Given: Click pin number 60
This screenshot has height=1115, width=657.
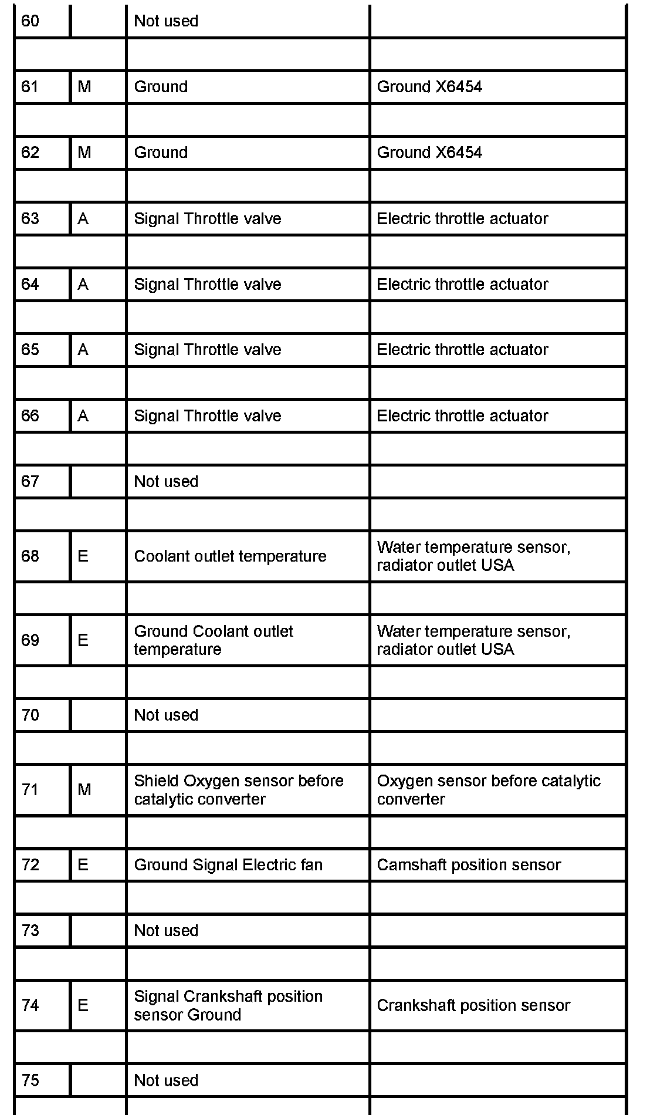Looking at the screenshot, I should [31, 21].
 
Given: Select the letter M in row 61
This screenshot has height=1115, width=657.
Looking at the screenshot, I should [84, 87].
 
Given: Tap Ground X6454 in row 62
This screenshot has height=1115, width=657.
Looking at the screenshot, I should [429, 153].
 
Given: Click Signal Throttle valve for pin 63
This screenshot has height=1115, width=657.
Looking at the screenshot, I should [208, 219].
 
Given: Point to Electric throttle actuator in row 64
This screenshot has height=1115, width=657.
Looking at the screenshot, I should [462, 285].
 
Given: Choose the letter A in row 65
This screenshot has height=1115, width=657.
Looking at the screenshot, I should [83, 350].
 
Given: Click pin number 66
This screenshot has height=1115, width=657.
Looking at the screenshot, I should [31, 416].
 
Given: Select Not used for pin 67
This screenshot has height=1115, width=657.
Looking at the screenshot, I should [166, 482].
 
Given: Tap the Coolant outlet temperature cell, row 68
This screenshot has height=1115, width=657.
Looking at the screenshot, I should [230, 556].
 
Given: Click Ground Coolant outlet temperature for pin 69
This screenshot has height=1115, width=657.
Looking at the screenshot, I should [214, 640].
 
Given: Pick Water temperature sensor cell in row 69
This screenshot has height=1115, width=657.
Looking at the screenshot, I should [473, 640].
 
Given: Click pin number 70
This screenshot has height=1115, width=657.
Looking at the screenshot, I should [31, 715].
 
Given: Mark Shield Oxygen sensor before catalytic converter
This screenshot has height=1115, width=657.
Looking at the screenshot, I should [239, 790].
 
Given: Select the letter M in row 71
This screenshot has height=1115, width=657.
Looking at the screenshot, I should [84, 790].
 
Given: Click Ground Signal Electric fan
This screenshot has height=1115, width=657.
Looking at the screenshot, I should [228, 865].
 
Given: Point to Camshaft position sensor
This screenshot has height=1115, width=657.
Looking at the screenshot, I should [469, 865].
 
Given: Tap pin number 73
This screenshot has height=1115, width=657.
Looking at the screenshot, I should [31, 931].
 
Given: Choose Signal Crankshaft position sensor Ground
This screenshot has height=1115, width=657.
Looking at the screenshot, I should [228, 1005].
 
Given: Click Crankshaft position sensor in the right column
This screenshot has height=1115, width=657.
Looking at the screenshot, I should [473, 1006].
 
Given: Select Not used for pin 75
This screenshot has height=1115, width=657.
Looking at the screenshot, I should [166, 1080].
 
